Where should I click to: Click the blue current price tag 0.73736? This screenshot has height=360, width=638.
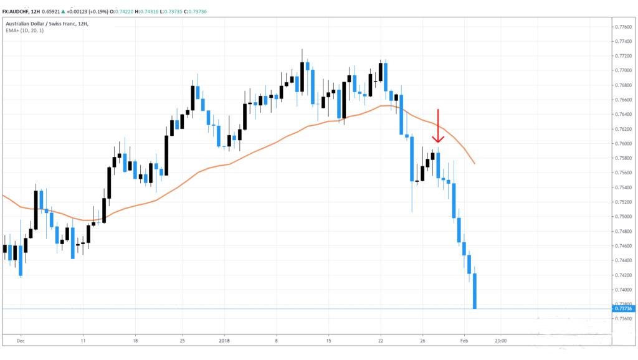(623, 308)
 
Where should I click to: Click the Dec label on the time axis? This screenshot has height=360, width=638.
(20, 341)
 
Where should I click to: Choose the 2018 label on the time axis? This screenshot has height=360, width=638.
(224, 341)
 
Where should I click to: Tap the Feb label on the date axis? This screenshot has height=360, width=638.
(464, 341)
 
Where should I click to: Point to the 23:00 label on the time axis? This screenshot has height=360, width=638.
(500, 341)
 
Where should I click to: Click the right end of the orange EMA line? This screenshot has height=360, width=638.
(475, 163)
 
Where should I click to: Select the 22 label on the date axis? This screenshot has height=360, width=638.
(380, 341)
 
